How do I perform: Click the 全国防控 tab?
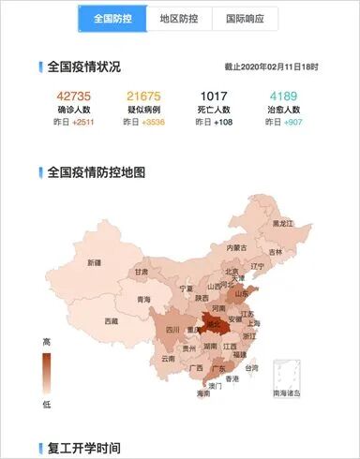pyautogui.click(x=112, y=19)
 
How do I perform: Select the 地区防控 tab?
pyautogui.click(x=179, y=19)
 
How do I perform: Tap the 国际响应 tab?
pyautogui.click(x=245, y=19)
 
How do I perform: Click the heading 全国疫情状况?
pyautogui.click(x=83, y=67)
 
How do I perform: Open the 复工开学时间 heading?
pyautogui.click(x=83, y=448)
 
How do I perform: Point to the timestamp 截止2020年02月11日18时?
pyautogui.click(x=271, y=67)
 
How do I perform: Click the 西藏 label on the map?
pyautogui.click(x=112, y=321)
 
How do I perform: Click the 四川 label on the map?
pyautogui.click(x=172, y=330)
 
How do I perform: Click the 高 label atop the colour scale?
pyautogui.click(x=47, y=343)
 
